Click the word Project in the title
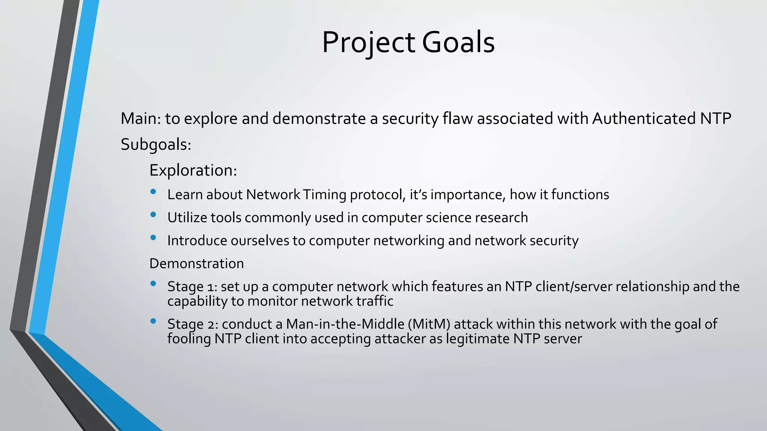tap(369, 42)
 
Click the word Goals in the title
tap(458, 42)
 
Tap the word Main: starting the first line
tap(141, 119)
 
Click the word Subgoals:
tap(156, 144)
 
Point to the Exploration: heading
tap(193, 170)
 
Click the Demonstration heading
tap(197, 263)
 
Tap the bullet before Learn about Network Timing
tap(153, 192)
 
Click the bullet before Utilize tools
tap(153, 214)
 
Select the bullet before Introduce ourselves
tap(153, 237)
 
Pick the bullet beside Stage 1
tap(153, 284)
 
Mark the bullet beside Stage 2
tap(153, 321)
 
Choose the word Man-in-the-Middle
tap(345, 324)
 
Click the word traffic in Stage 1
tap(375, 301)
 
